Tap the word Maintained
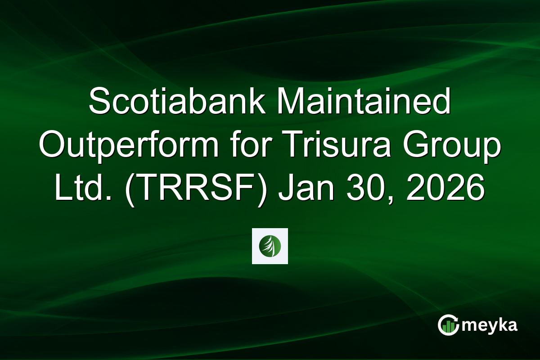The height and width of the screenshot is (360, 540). point(363,103)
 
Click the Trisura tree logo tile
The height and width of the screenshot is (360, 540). point(270,246)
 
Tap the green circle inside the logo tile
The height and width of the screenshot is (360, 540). point(270,246)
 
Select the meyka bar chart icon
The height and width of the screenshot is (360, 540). point(448,325)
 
